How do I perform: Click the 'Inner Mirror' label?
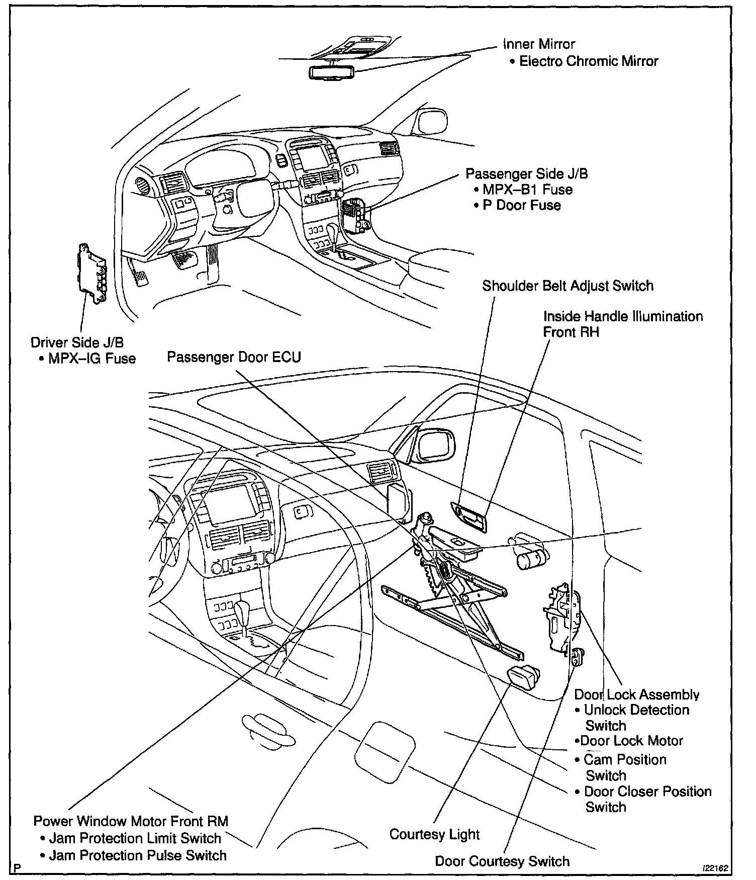tap(539, 44)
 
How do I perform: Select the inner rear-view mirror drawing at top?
tap(332, 72)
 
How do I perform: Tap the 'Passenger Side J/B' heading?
tap(526, 174)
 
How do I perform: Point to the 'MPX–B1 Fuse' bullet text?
tap(527, 190)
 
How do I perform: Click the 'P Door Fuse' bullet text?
tap(522, 205)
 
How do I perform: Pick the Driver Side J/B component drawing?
tap(91, 274)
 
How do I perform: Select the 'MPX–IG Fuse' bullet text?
tap(92, 359)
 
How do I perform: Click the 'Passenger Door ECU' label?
tap(234, 357)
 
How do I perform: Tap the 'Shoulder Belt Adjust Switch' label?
tap(568, 286)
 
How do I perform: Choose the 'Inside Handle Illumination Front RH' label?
tap(623, 324)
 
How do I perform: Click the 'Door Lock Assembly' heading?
tap(636, 695)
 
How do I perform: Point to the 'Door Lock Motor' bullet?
tap(631, 741)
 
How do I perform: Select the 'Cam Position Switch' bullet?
tap(625, 767)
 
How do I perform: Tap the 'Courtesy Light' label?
tap(434, 834)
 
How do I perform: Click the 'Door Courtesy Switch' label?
tap(502, 861)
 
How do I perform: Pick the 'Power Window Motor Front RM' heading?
tap(131, 821)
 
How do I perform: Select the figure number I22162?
tap(716, 868)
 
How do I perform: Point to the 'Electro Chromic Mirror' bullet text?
tap(589, 61)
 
